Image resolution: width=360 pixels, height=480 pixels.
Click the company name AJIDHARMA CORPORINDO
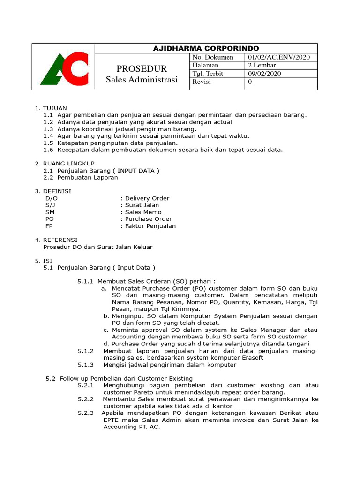pos(206,49)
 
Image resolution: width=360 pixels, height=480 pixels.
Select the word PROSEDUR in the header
pos(142,69)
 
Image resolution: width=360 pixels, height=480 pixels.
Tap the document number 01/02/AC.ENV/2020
pos(279,58)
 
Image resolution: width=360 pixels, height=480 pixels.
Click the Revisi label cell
pos(202,82)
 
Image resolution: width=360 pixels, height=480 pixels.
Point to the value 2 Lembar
pos(262,66)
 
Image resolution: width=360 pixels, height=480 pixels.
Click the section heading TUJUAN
pos(55,108)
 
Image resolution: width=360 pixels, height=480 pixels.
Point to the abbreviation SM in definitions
pos(50,212)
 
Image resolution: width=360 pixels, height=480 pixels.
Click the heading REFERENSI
pos(60,240)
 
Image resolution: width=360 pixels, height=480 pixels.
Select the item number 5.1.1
pos(85,281)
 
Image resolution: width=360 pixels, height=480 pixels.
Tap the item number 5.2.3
pos(86,413)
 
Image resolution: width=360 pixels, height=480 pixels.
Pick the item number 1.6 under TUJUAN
pos(48,150)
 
